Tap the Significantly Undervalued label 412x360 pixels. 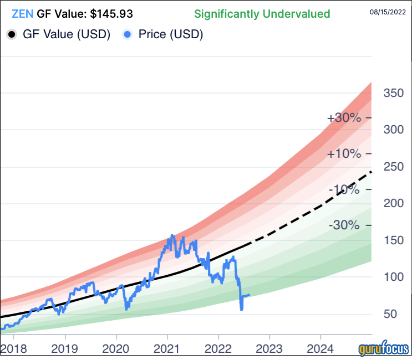pyautogui.click(x=262, y=14)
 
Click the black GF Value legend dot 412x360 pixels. pyautogui.click(x=12, y=34)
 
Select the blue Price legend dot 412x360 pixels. pyautogui.click(x=126, y=34)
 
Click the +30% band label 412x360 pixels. pyautogui.click(x=344, y=118)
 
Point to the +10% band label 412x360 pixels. pyautogui.click(x=344, y=154)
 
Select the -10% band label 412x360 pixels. pyautogui.click(x=344, y=190)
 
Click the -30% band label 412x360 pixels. pyautogui.click(x=344, y=225)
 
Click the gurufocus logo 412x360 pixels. pyautogui.click(x=383, y=350)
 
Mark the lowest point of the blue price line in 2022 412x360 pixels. pyautogui.click(x=241, y=309)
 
